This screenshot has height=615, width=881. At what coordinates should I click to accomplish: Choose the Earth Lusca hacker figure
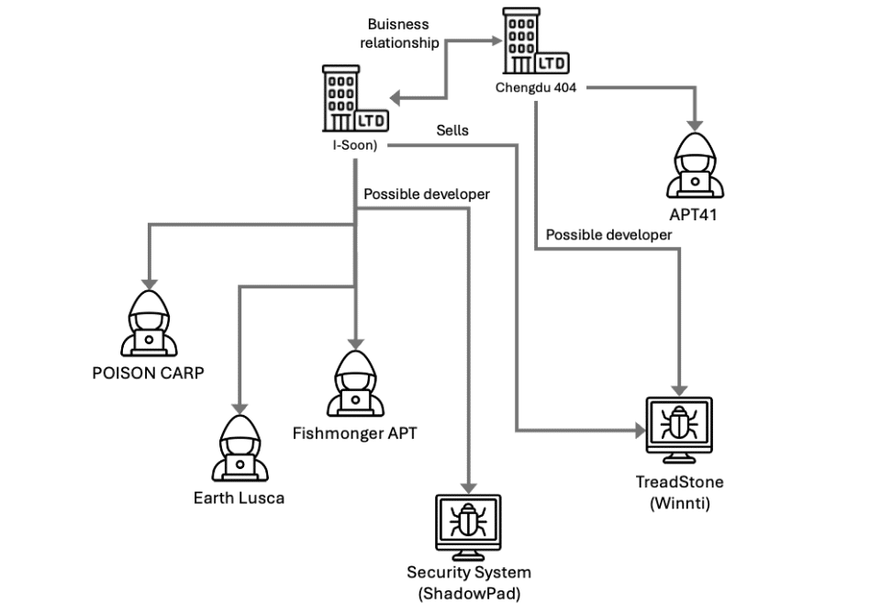coord(239,446)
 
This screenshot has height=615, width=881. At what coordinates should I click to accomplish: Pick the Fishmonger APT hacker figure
coord(353,382)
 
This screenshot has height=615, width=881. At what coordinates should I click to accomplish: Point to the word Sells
coord(452,130)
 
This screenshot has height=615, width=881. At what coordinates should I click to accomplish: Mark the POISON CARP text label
coord(147,373)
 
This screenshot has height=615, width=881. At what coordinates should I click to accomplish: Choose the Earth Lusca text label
coord(239,498)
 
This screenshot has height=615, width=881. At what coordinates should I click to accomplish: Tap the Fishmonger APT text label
coord(354,432)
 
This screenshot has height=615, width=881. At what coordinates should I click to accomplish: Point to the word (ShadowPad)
coord(469,593)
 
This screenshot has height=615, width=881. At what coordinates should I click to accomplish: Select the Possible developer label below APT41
coord(608,235)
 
